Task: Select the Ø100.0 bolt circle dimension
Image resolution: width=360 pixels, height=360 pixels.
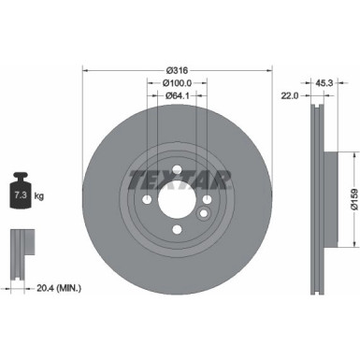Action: [x=177, y=82]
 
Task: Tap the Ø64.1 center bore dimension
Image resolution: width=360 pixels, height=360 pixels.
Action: [x=177, y=95]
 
